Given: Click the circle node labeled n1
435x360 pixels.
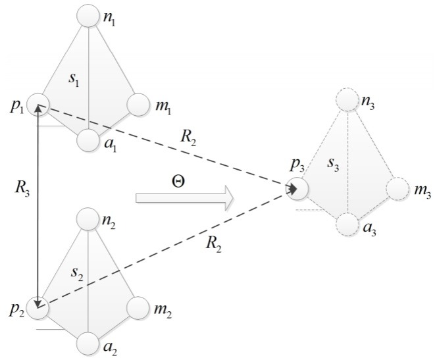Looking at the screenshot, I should point(88,14).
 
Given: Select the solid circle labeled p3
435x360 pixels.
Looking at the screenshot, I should point(297,189).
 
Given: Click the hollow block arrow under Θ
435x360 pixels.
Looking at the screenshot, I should point(184,197).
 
